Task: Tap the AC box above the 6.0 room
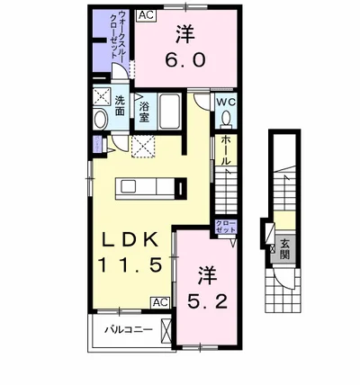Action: (145, 14)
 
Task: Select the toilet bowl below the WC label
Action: (227, 123)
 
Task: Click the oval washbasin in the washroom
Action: (101, 119)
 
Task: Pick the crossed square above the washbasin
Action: (101, 99)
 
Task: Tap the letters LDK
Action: (127, 239)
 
